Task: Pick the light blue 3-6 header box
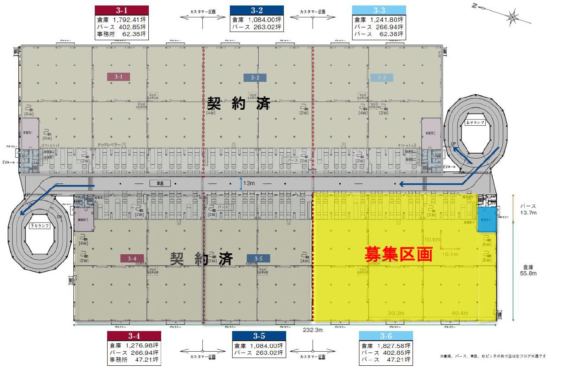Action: click(386, 336)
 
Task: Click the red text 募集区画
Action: click(398, 254)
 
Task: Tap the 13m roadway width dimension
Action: click(249, 183)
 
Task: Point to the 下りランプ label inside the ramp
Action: click(38, 225)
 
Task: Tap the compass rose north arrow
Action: click(511, 17)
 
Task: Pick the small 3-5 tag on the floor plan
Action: click(258, 258)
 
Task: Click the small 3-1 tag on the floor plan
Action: click(119, 77)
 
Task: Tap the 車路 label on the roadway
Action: click(160, 183)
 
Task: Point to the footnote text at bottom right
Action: click(493, 356)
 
